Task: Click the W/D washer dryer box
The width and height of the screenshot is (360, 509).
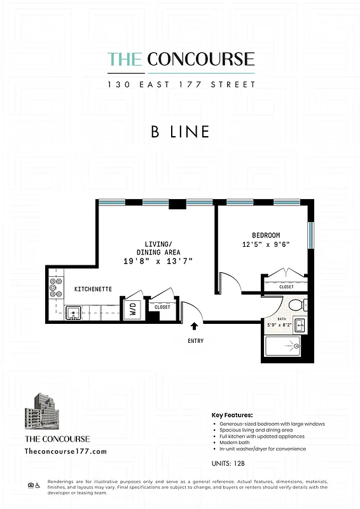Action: click(x=134, y=310)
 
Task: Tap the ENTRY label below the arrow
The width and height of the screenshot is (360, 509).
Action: click(x=196, y=341)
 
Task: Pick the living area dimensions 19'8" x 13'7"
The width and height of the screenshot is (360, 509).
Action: click(x=158, y=261)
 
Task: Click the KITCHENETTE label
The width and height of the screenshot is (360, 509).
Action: click(x=93, y=289)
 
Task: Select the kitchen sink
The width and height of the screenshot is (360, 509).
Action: click(x=74, y=312)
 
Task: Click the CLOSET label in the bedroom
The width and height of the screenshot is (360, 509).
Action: click(x=287, y=287)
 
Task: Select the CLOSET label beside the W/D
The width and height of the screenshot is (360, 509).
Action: click(x=162, y=307)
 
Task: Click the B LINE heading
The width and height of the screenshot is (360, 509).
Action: click(x=180, y=132)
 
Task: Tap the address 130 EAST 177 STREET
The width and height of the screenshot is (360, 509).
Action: click(x=181, y=85)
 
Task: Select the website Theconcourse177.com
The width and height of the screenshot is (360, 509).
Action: click(x=66, y=451)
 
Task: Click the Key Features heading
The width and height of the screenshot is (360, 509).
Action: click(x=232, y=415)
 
